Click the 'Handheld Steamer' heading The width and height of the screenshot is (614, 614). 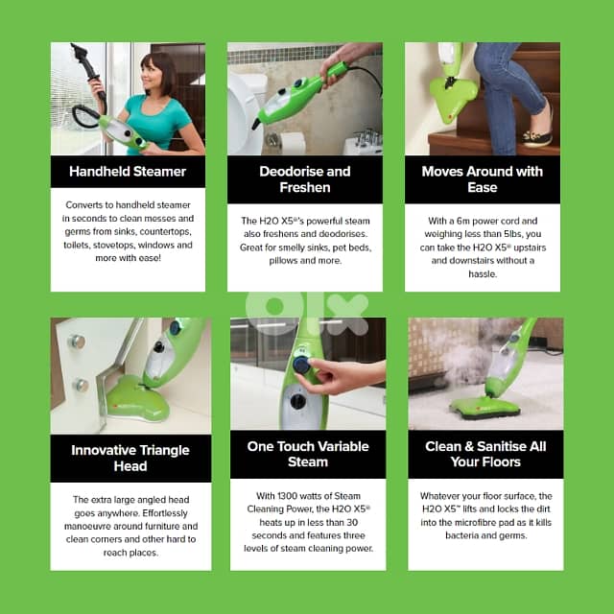(128, 172)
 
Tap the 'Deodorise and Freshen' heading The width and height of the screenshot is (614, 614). (304, 179)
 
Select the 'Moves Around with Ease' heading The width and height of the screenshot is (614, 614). (482, 179)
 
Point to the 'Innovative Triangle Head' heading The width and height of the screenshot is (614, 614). (130, 458)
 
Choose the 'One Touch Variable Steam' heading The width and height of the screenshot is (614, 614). (307, 454)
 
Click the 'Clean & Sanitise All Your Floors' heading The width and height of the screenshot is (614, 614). (484, 454)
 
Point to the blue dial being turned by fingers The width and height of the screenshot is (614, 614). (303, 365)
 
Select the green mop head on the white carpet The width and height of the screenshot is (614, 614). (484, 408)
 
